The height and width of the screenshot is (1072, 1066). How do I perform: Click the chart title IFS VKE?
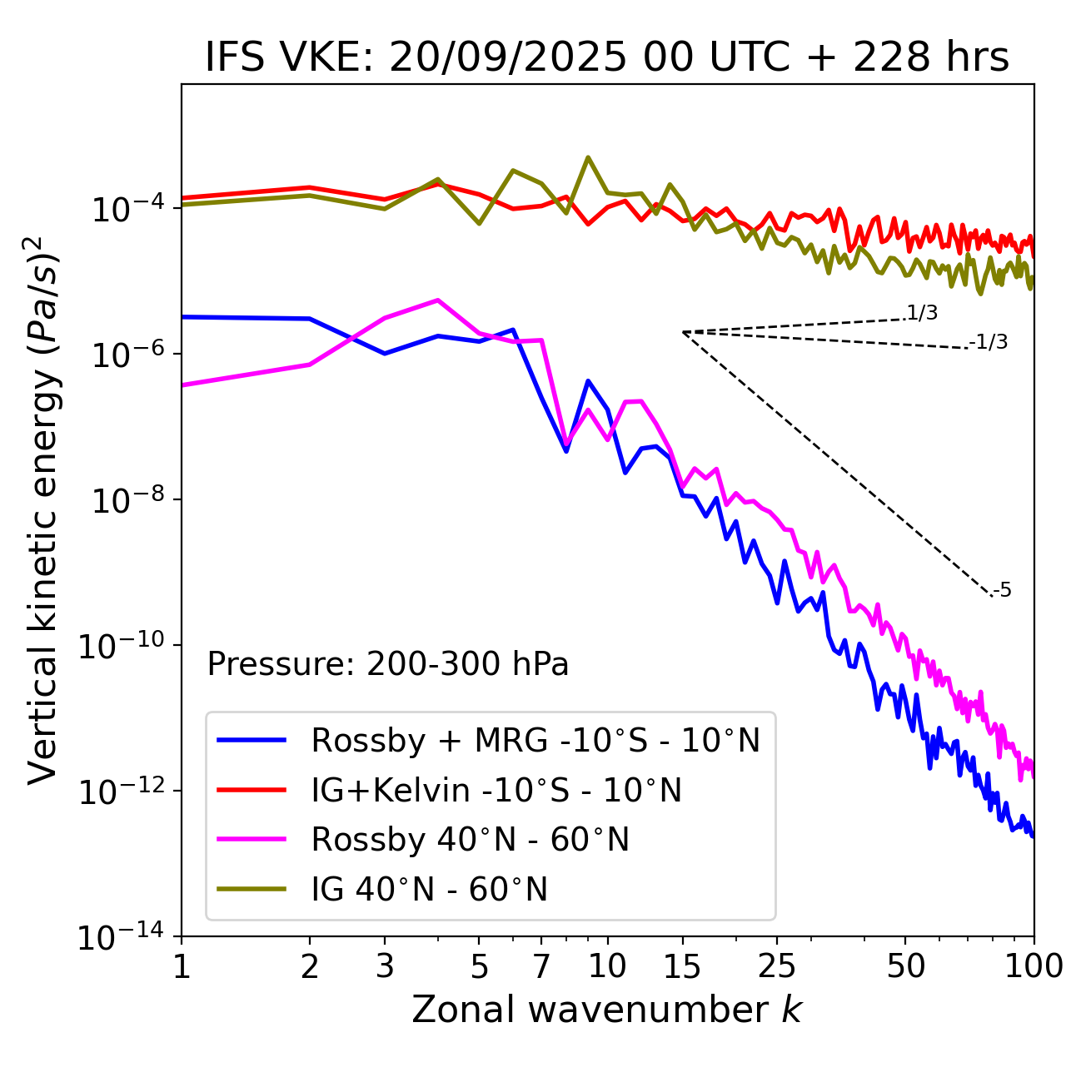pyautogui.click(x=607, y=58)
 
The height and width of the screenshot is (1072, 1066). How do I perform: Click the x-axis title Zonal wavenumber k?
pyautogui.click(x=607, y=1009)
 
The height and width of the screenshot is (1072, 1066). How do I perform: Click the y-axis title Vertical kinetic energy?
pyautogui.click(x=43, y=508)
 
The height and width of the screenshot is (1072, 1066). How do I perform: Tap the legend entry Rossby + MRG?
pyautogui.click(x=535, y=740)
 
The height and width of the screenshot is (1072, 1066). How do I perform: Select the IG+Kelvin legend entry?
pyautogui.click(x=496, y=790)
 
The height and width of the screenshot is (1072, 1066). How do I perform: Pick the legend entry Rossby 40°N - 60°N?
pyautogui.click(x=470, y=840)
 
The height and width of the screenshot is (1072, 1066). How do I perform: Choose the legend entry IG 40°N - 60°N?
pyautogui.click(x=429, y=890)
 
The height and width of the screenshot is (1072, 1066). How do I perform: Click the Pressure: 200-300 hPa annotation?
pyautogui.click(x=387, y=664)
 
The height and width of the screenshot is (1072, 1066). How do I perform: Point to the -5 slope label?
pyautogui.click(x=1002, y=591)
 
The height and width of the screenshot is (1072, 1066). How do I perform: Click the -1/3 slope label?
pyautogui.click(x=989, y=342)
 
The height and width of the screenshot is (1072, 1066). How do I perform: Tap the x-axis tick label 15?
pyautogui.click(x=682, y=966)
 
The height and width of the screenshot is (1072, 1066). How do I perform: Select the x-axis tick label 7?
pyautogui.click(x=541, y=966)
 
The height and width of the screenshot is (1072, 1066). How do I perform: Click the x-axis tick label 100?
pyautogui.click(x=1033, y=966)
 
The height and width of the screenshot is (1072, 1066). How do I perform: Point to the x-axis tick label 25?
pyautogui.click(x=777, y=966)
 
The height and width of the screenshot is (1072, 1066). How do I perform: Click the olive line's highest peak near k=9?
pyautogui.click(x=588, y=156)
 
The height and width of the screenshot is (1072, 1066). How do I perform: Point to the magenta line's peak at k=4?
pyautogui.click(x=438, y=300)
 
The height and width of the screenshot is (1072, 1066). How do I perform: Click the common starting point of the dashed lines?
pyautogui.click(x=683, y=332)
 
